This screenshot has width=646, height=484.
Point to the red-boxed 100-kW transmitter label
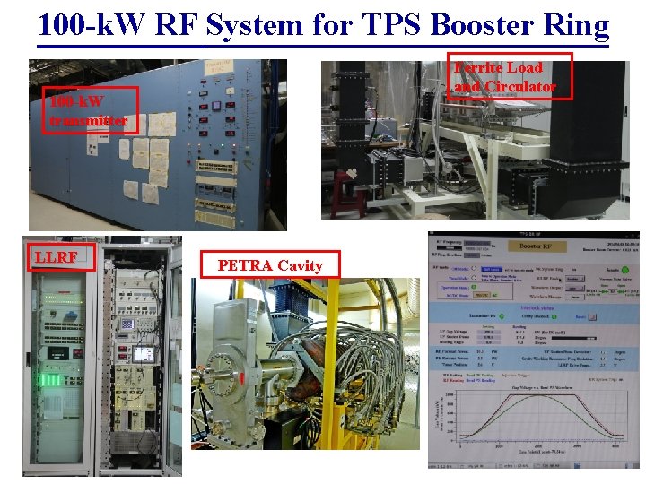click(88, 109)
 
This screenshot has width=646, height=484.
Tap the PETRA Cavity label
click(268, 264)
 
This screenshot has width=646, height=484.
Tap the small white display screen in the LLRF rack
click(142, 353)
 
